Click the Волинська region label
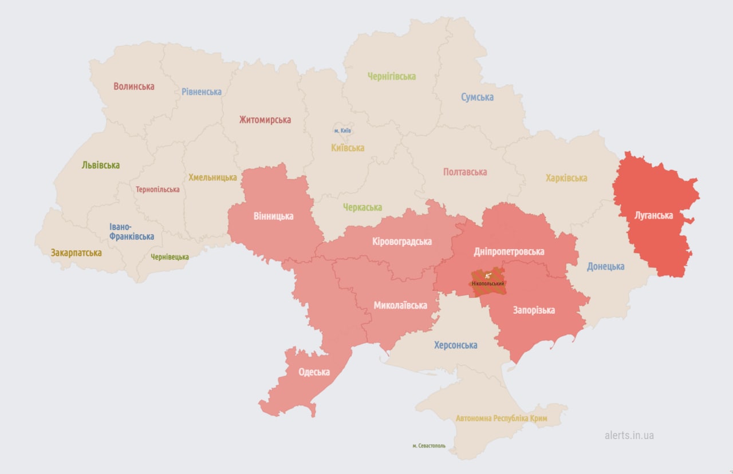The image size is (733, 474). (x=133, y=86)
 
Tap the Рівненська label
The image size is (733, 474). (x=202, y=92)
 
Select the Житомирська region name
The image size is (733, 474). (x=265, y=120)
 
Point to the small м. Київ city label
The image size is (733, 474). (x=342, y=131)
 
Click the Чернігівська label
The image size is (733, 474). (x=392, y=76)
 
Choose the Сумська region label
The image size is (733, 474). (x=477, y=97)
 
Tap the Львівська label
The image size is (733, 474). (x=101, y=165)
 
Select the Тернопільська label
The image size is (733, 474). (x=157, y=189)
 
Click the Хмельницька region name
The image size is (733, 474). (x=212, y=177)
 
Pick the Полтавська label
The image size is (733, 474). (x=465, y=172)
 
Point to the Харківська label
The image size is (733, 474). (x=566, y=178)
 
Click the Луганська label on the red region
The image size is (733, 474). (x=653, y=216)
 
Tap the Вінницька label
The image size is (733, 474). (x=273, y=216)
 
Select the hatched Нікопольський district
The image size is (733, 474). (x=488, y=283)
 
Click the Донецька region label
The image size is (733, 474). (x=605, y=266)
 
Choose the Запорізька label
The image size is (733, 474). (x=533, y=310)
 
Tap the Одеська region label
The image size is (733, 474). (x=314, y=372)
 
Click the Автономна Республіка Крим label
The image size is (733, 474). (x=501, y=418)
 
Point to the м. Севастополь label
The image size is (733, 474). (x=428, y=446)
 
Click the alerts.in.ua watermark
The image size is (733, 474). (x=629, y=435)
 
